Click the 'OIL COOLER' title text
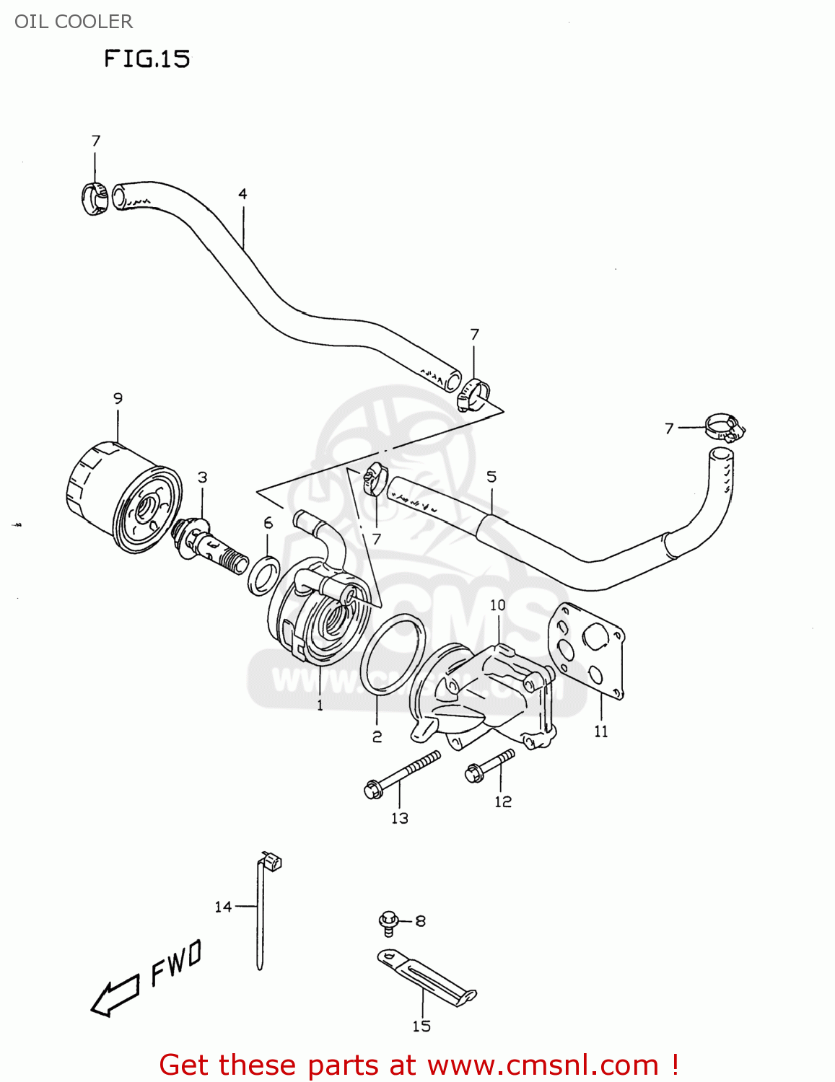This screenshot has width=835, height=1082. pos(74,22)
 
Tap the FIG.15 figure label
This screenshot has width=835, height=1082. pos(147,58)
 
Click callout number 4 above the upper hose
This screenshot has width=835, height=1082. pos(242,193)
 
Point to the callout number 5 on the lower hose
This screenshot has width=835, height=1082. pos(491,476)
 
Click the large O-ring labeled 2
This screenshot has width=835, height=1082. pos(393,654)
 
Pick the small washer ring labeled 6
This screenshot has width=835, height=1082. pos(263,574)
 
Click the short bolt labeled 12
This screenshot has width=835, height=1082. pos(491,765)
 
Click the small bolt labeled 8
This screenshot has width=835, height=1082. pos(389,921)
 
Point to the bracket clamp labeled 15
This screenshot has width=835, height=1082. pos(426,978)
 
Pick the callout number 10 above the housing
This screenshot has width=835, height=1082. pos(498,604)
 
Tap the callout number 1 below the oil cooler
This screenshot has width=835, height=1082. pos(320,705)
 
